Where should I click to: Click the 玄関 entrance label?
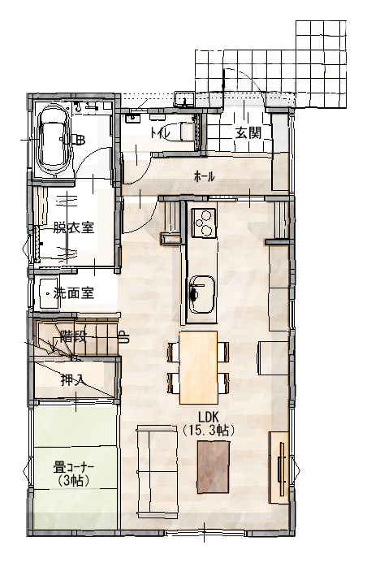[248, 133]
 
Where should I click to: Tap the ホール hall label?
[204, 176]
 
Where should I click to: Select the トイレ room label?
[161, 133]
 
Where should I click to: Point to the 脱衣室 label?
[74, 227]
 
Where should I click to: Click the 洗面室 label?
[74, 293]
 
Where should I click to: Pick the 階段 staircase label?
[73, 336]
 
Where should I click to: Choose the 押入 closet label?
[73, 380]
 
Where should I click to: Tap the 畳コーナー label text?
[74, 468]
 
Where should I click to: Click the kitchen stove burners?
[204, 223]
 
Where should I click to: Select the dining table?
[198, 368]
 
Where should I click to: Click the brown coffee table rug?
[213, 467]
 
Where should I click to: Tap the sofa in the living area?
[157, 473]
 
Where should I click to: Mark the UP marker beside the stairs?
[123, 337]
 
